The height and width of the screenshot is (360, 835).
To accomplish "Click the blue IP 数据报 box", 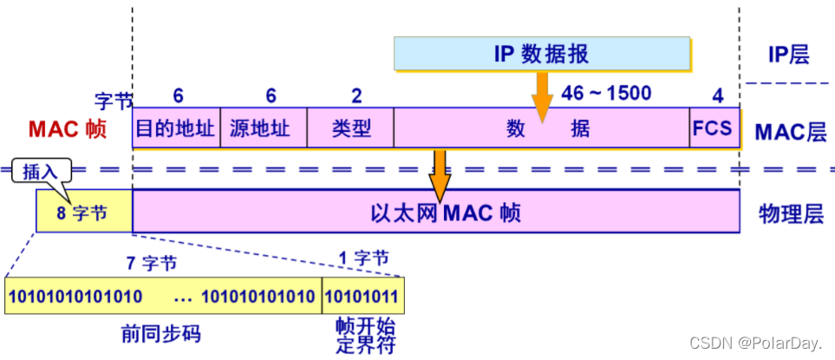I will (x=543, y=54).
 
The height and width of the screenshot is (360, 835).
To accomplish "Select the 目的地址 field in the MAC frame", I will (x=176, y=129).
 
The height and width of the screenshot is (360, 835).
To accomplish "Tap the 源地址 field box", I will (x=264, y=129).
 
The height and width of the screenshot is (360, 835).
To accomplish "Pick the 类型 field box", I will (x=350, y=129).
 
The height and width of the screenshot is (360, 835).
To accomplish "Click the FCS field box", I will (x=713, y=129).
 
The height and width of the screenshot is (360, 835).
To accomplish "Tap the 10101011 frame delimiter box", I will (x=363, y=297).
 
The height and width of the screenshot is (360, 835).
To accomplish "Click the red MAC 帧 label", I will (x=67, y=130).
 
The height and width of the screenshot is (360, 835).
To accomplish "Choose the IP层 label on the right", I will (x=788, y=56).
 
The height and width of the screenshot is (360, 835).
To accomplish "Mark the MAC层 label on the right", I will (x=790, y=132).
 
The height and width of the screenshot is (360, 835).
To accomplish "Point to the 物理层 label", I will (x=789, y=213).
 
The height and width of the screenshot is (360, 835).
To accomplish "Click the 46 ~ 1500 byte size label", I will (x=606, y=93).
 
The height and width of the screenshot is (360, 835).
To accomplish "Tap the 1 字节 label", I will (x=362, y=258).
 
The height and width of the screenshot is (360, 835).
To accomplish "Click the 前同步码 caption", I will (x=164, y=333).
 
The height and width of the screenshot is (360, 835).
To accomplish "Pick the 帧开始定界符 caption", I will (x=364, y=336).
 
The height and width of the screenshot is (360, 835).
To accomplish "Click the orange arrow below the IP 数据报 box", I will (x=543, y=95).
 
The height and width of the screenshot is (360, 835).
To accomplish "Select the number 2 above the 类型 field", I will (x=356, y=96).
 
